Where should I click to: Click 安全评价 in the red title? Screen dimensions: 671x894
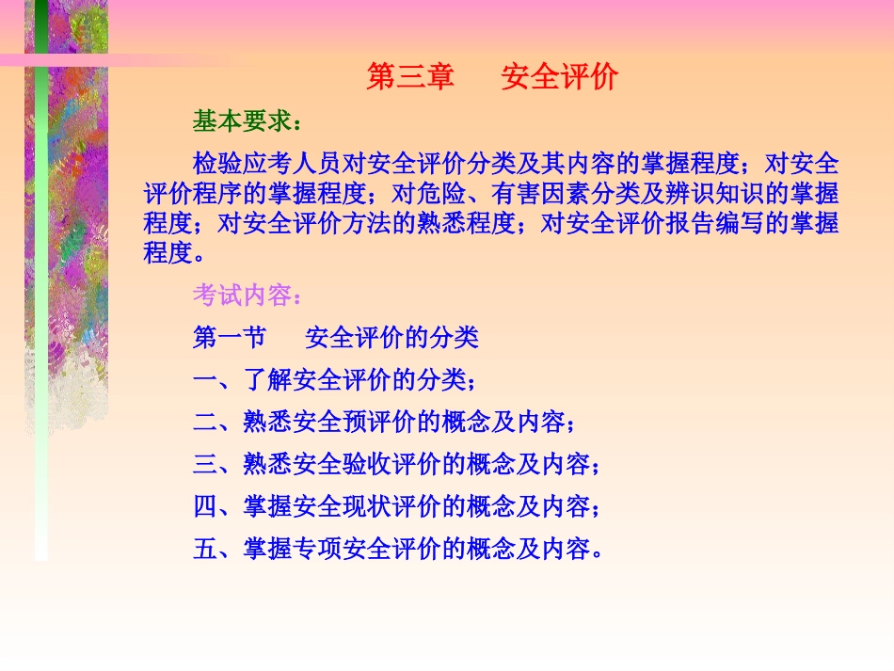[x=559, y=77]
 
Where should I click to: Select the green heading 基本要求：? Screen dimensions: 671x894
[x=247, y=122]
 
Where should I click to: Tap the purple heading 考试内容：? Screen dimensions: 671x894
[x=247, y=296]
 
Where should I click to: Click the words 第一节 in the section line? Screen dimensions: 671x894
[x=230, y=337]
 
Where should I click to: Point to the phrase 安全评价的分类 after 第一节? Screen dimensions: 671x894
[x=392, y=337]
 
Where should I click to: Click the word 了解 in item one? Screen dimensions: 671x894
[x=268, y=380]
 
